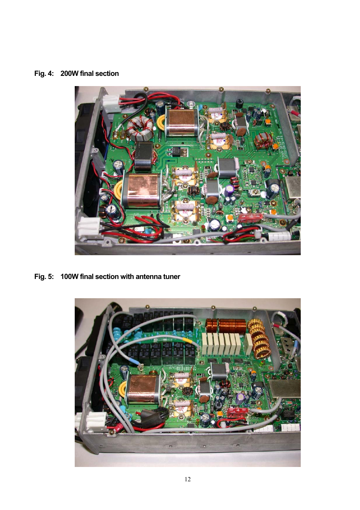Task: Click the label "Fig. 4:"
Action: point(44,74)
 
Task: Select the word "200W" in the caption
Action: point(69,74)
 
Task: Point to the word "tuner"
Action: point(171,277)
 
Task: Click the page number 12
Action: point(188,479)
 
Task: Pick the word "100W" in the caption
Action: point(69,277)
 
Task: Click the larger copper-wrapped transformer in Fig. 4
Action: point(140,190)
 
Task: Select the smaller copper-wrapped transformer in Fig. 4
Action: point(181,122)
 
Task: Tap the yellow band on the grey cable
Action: point(188,340)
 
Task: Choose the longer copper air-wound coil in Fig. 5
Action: point(232,325)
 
